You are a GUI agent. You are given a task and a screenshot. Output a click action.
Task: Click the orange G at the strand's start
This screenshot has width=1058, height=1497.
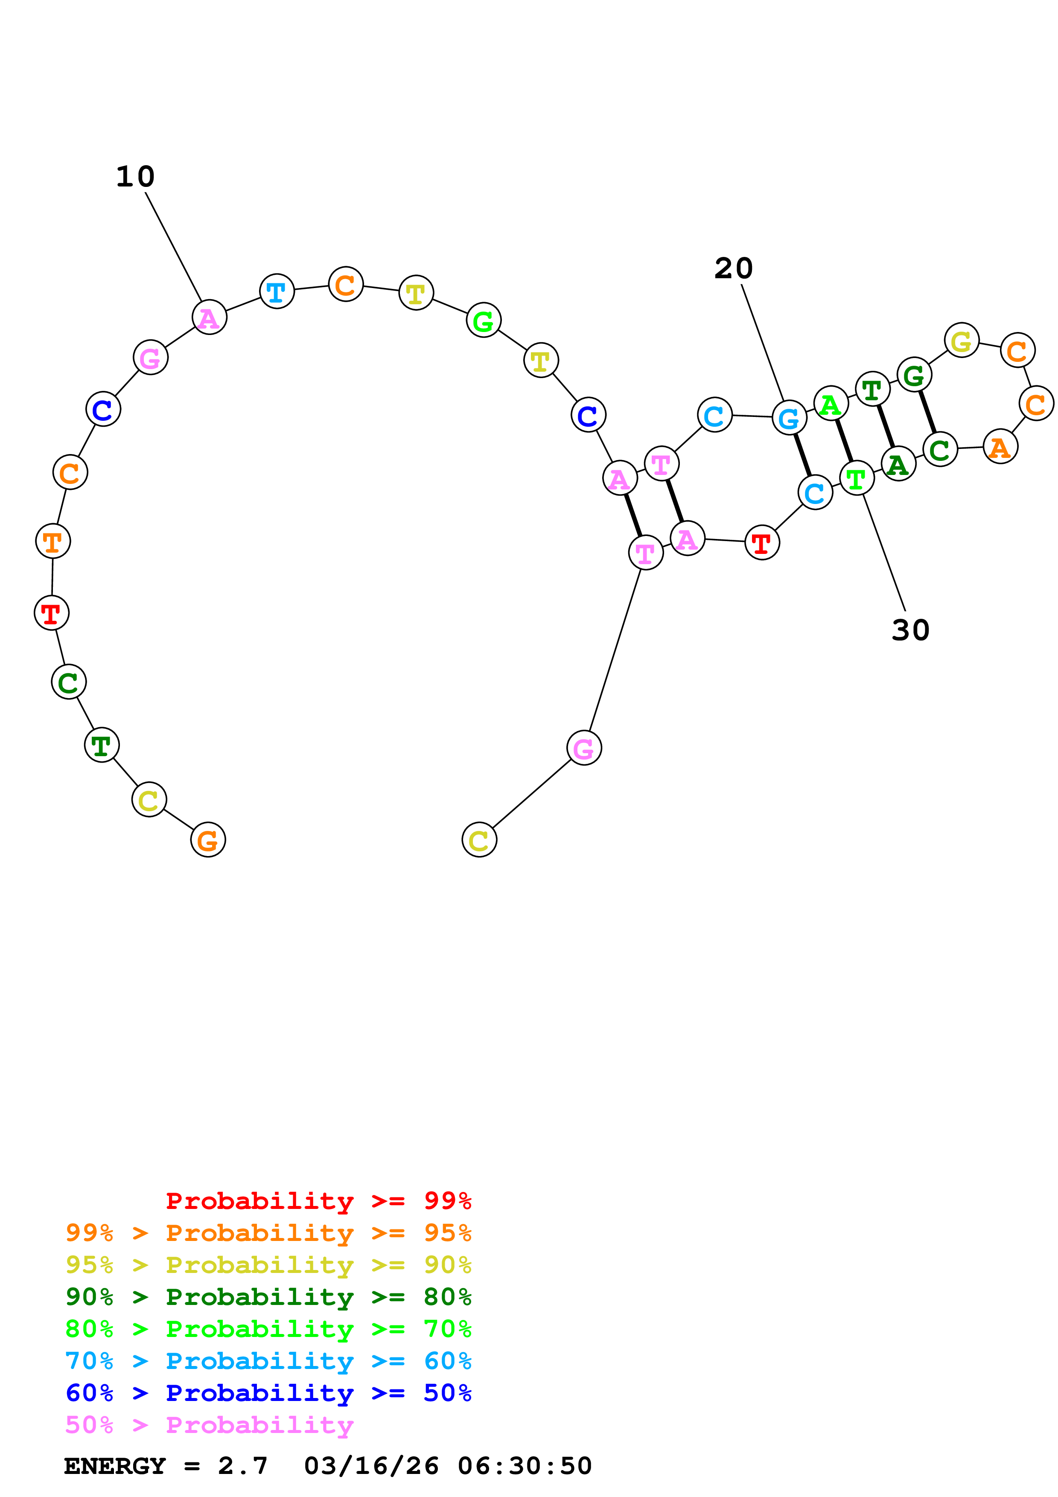coord(208,840)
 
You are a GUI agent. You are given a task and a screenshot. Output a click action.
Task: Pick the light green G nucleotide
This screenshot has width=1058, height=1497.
coord(484,321)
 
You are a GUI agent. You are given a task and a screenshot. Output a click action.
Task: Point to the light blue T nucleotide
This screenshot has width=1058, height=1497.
coord(277,291)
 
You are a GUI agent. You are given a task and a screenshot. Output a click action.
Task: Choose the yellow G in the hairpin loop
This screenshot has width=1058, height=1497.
coord(962,341)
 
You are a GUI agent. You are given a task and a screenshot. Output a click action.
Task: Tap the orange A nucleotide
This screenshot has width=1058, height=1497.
coord(1000,447)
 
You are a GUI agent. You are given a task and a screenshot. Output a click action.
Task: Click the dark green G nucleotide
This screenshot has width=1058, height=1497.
coord(914,375)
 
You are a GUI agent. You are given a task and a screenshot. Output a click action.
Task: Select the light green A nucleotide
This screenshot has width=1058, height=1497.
coord(831,404)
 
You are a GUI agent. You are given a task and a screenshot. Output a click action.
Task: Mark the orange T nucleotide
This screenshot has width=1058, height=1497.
coord(53,541)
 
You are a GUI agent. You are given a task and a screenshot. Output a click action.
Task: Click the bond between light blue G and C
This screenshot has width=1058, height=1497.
coord(802,455)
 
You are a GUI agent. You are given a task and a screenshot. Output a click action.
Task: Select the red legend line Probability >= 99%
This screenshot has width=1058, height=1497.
coord(318,1201)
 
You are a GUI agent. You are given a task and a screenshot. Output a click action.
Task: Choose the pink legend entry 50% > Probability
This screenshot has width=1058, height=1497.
coord(209,1425)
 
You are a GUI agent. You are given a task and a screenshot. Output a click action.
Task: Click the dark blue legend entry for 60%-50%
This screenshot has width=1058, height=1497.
coord(268,1393)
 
